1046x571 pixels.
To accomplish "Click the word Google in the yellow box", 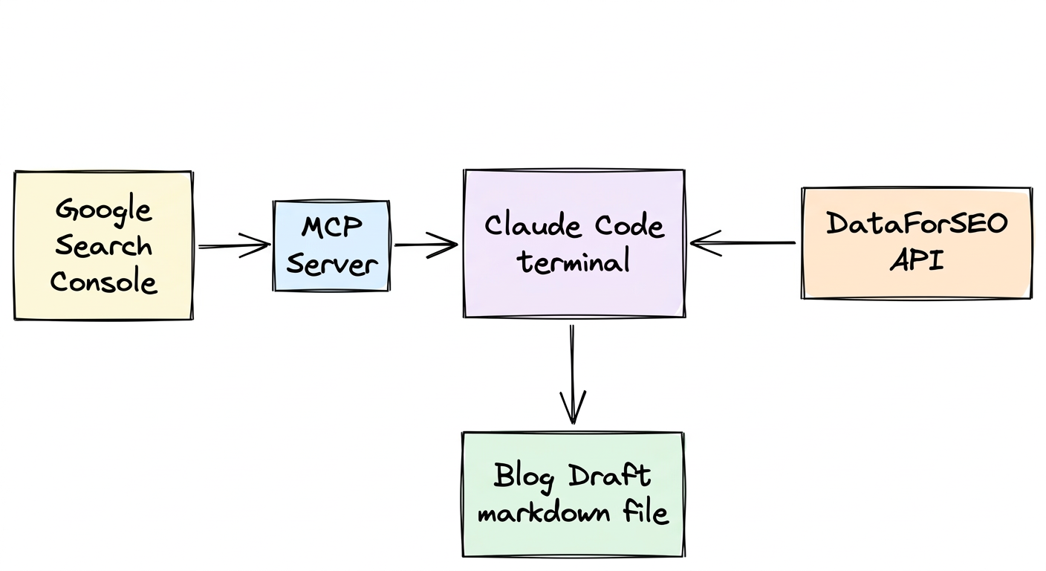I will [x=103, y=210].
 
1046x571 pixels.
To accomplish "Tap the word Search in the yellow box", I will [x=103, y=246].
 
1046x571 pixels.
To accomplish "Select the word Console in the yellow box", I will [x=103, y=282].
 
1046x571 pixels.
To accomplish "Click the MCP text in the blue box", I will [x=332, y=227].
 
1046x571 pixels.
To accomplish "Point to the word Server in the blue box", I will [x=332, y=263].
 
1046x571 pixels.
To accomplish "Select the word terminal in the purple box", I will [x=574, y=262].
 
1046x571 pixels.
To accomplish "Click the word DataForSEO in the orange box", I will [x=917, y=224].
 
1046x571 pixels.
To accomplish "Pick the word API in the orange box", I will [x=917, y=260].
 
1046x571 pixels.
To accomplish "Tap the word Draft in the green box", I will [x=610, y=477].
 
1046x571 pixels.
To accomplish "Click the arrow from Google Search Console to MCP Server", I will [x=233, y=245].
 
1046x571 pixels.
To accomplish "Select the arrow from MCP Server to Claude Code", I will [x=425, y=245].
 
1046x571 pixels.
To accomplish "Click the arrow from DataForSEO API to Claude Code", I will [x=743, y=243].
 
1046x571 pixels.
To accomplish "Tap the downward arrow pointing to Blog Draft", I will [x=572, y=372].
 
